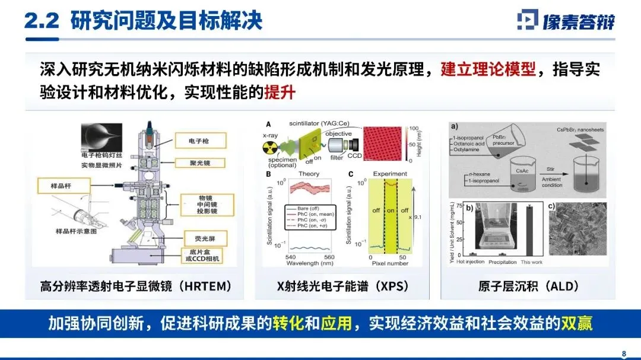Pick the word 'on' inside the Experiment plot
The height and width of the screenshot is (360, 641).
coord(390,211)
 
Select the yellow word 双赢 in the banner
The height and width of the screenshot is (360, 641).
coord(576,324)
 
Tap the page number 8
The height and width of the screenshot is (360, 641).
coord(624,354)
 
